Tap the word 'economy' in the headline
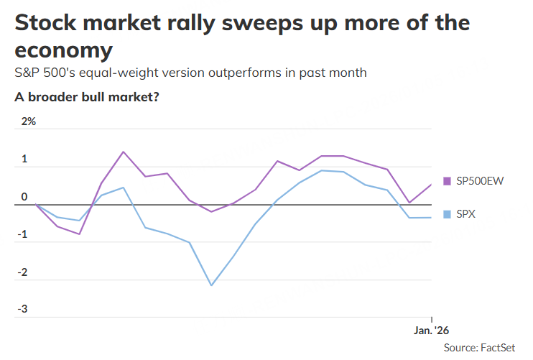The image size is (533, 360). click(63, 50)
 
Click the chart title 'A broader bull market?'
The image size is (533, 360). click(86, 97)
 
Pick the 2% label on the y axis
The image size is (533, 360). click(28, 121)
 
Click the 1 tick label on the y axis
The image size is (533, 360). click(24, 159)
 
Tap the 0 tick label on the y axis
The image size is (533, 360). click(24, 197)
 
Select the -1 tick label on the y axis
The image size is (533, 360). click(23, 234)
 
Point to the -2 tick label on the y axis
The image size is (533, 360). click(23, 272)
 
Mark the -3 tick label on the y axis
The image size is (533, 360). click(23, 310)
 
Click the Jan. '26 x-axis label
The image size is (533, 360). click(431, 331)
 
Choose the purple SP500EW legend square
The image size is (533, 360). click(447, 181)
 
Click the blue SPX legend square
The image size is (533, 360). click(447, 214)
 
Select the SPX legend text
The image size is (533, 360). click(466, 214)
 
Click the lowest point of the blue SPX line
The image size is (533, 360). click(211, 285)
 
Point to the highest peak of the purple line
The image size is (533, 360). click(124, 152)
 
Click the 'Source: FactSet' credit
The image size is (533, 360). click(479, 348)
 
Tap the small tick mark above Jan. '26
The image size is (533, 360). click(431, 319)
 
